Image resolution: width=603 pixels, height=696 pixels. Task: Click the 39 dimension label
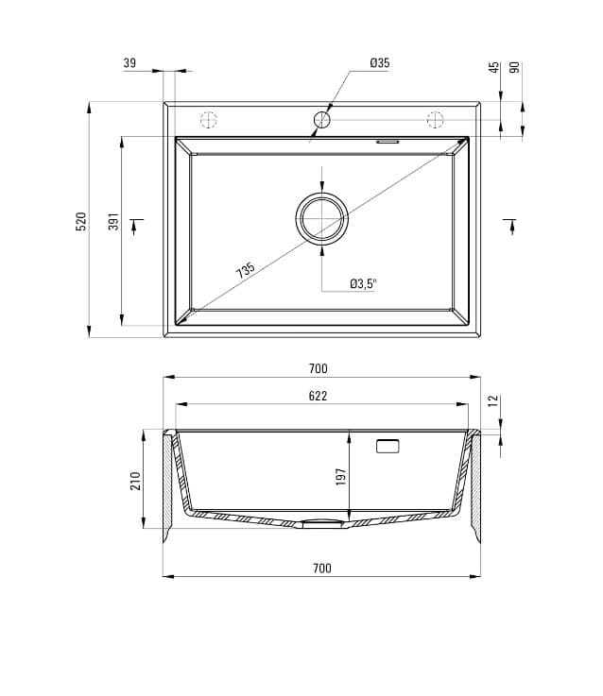[129, 63]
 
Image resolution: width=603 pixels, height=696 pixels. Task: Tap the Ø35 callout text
[380, 63]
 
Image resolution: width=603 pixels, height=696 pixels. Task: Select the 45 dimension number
[493, 68]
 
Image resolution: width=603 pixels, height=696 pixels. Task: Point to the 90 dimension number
[515, 68]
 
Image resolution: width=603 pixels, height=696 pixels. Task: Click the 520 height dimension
[81, 221]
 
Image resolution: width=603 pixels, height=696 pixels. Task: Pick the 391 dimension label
[113, 222]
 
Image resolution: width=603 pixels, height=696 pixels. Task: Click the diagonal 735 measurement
[246, 271]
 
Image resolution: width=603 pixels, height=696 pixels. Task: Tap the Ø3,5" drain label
[363, 282]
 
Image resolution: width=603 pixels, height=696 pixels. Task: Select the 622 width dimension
[318, 397]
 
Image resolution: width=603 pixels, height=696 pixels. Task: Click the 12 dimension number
[493, 401]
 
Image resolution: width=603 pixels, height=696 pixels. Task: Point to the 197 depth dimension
[341, 477]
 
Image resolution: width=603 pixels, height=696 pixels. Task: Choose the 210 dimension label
[135, 481]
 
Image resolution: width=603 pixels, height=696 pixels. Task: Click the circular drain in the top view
[322, 219]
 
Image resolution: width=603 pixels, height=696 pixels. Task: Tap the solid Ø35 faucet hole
[322, 120]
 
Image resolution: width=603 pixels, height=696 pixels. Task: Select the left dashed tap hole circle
[209, 120]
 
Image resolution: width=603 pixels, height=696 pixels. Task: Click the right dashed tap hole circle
[436, 120]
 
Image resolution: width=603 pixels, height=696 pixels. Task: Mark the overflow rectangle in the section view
[388, 446]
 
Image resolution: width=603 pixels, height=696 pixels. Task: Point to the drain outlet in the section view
[322, 524]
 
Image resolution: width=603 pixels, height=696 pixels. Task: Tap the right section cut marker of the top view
[511, 224]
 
